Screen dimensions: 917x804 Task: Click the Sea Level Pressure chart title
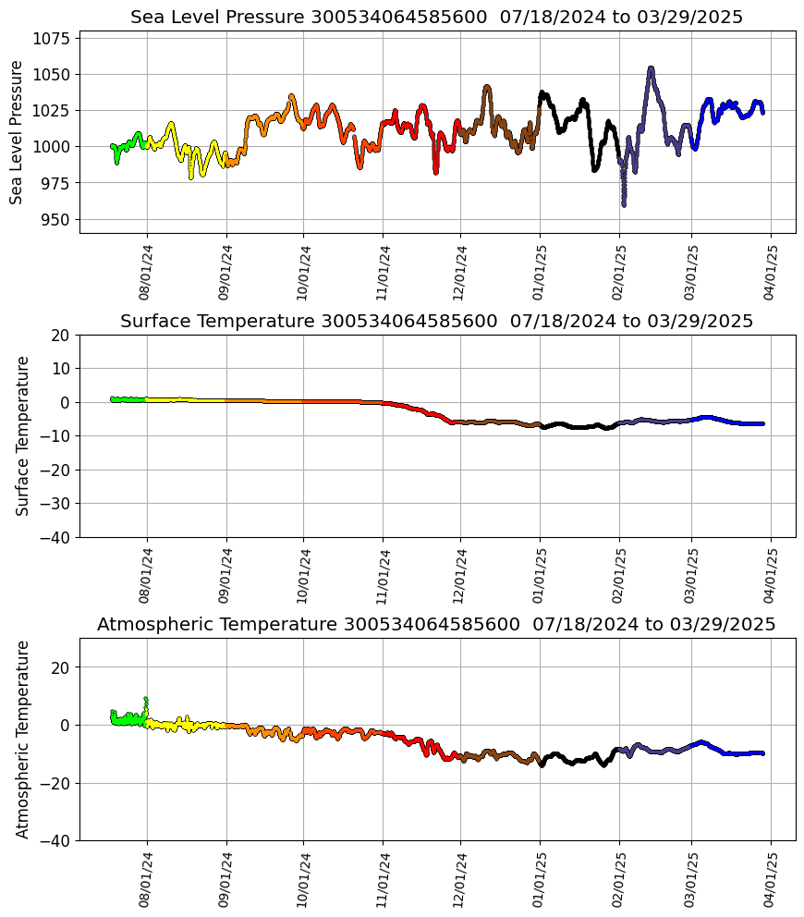tap(436, 18)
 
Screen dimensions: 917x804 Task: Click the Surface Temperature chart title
tap(436, 322)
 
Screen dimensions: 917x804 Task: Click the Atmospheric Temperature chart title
tap(436, 625)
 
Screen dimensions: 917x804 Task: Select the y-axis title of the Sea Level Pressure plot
tap(17, 132)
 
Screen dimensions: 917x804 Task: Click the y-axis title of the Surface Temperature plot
tap(23, 435)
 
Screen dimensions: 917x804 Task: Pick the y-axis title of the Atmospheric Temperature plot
tap(23, 739)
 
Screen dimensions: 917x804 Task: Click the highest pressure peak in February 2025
tap(651, 68)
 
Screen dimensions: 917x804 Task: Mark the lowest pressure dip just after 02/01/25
tap(624, 203)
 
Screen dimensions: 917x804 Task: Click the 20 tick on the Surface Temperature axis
tap(61, 336)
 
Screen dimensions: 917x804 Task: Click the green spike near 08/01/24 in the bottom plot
tap(145, 700)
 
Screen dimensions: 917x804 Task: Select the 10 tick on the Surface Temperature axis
tap(61, 369)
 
